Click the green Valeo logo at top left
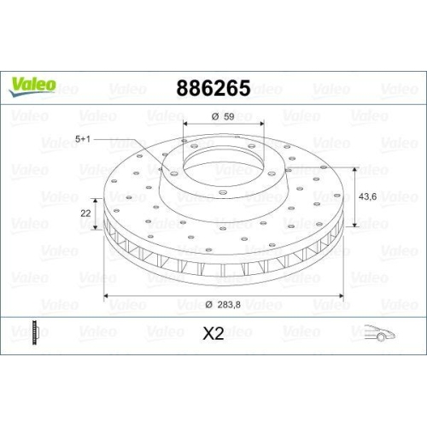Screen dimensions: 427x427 click(x=32, y=84)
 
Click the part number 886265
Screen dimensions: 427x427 click(x=213, y=88)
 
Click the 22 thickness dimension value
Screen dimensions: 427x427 click(x=85, y=213)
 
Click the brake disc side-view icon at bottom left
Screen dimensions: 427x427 click(x=32, y=332)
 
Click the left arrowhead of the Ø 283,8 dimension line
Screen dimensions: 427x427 click(x=107, y=296)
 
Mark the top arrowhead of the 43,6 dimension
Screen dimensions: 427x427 click(x=351, y=168)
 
